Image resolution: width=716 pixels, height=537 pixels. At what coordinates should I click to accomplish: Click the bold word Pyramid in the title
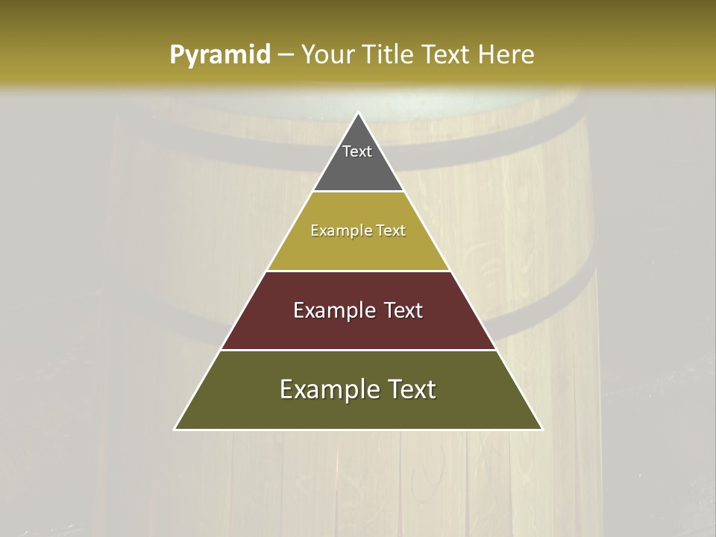pos(219,55)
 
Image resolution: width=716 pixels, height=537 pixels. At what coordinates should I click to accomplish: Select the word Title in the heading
pos(387,55)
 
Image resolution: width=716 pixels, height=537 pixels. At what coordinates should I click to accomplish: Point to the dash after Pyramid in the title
pos(286,55)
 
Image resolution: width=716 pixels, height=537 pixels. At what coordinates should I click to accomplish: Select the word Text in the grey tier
pos(357,151)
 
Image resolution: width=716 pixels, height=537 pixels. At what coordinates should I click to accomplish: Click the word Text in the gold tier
pos(392,230)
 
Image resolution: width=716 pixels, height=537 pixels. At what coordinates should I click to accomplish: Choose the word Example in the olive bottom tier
pos(326,389)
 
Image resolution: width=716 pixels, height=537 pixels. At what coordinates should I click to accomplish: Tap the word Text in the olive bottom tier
pos(412,389)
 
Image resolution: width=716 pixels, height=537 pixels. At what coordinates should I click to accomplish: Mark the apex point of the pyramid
pos(358,113)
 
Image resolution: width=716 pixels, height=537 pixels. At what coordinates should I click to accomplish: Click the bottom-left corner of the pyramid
pos(175,430)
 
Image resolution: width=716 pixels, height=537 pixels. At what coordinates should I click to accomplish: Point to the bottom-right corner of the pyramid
pos(542,430)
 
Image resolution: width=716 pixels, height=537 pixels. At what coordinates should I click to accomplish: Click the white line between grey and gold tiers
pos(358,192)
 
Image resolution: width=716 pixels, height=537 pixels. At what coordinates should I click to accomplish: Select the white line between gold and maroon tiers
pos(358,271)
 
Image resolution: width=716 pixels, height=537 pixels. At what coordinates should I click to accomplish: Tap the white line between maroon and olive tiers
pos(358,350)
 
